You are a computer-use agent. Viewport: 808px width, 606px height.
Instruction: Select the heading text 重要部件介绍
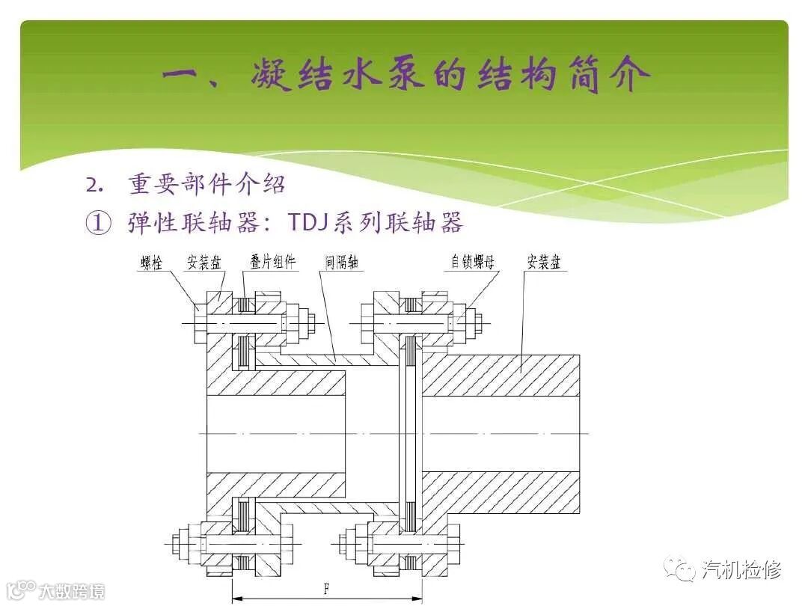coord(206,185)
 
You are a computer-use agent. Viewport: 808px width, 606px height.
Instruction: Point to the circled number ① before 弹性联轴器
coord(99,223)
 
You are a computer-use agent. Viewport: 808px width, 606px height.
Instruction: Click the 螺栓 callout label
coord(151,263)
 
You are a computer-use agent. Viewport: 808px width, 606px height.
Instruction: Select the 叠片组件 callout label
coord(272,263)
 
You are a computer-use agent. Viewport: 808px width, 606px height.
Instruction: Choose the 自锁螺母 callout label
coord(473,263)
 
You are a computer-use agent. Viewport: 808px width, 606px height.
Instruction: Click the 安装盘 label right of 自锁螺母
coord(544,263)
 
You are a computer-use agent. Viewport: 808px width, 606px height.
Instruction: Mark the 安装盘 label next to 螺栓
coord(204,263)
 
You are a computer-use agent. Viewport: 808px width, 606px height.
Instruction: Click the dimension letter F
coord(326,589)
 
